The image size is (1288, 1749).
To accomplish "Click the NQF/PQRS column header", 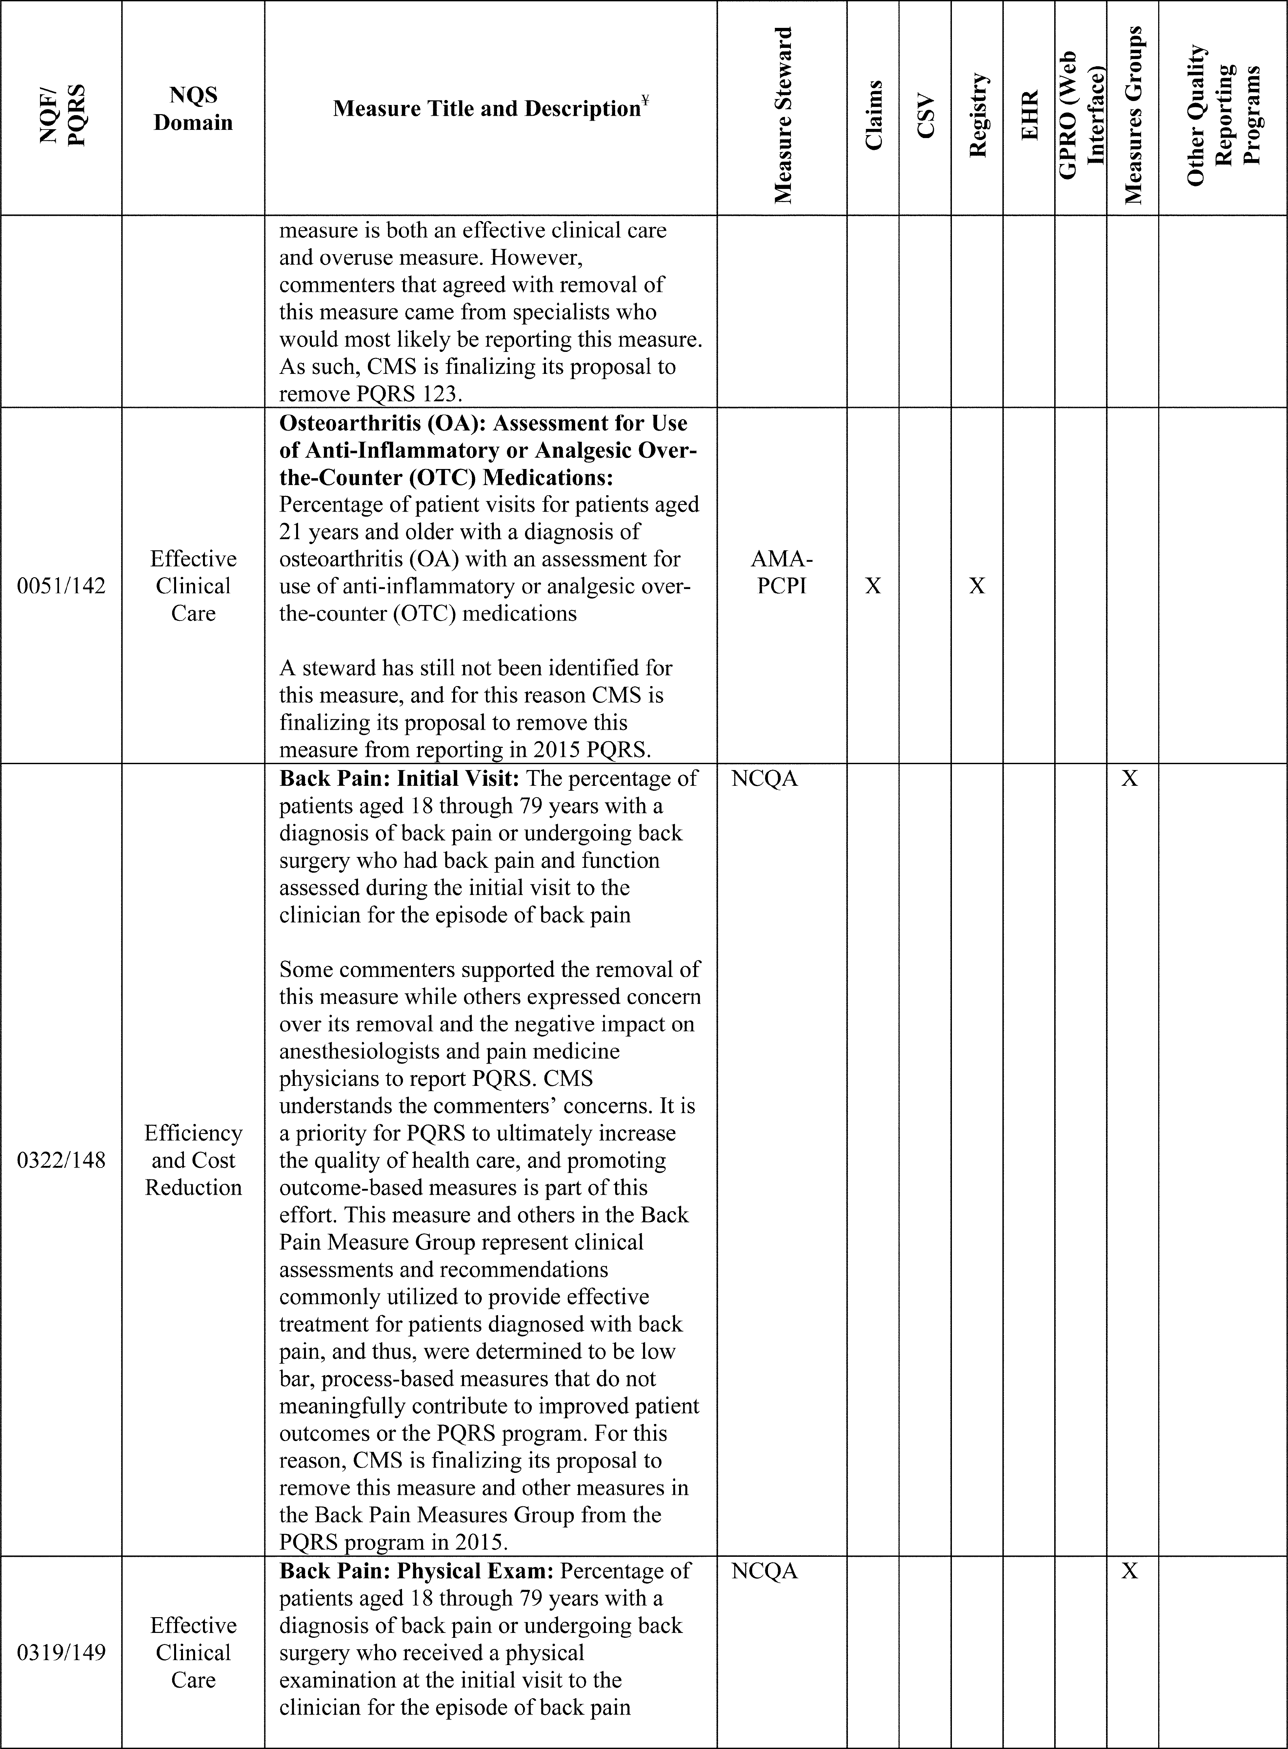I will [61, 108].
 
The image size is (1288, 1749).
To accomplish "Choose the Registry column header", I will [977, 115].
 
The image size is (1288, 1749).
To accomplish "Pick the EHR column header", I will [1029, 115].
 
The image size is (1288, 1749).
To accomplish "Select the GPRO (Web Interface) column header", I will [1081, 115].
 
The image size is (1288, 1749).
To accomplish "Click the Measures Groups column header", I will [1133, 115].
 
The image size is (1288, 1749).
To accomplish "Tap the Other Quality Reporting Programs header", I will [1222, 115].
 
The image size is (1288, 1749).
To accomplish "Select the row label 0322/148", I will [61, 1160].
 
